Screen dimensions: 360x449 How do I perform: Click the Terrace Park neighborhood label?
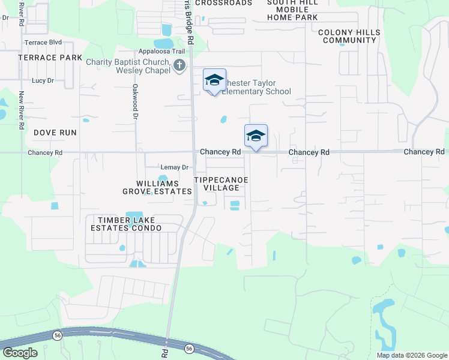[50, 58]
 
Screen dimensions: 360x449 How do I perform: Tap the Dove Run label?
[55, 132]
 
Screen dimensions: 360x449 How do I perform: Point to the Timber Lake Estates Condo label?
[126, 224]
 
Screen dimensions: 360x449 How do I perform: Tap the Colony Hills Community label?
[349, 36]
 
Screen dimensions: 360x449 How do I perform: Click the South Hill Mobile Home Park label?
[292, 10]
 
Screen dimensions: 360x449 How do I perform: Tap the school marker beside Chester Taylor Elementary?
[215, 80]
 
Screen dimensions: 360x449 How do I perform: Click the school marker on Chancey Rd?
[256, 136]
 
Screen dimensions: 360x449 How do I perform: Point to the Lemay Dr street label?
[175, 167]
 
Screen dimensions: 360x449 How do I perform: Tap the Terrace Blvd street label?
[43, 43]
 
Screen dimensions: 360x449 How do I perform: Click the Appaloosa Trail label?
[161, 52]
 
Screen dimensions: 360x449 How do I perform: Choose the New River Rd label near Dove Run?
[22, 110]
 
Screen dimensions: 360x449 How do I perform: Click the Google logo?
[20, 353]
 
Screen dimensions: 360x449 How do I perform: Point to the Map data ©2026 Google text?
[411, 355]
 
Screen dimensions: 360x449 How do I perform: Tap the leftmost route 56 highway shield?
[58, 335]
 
